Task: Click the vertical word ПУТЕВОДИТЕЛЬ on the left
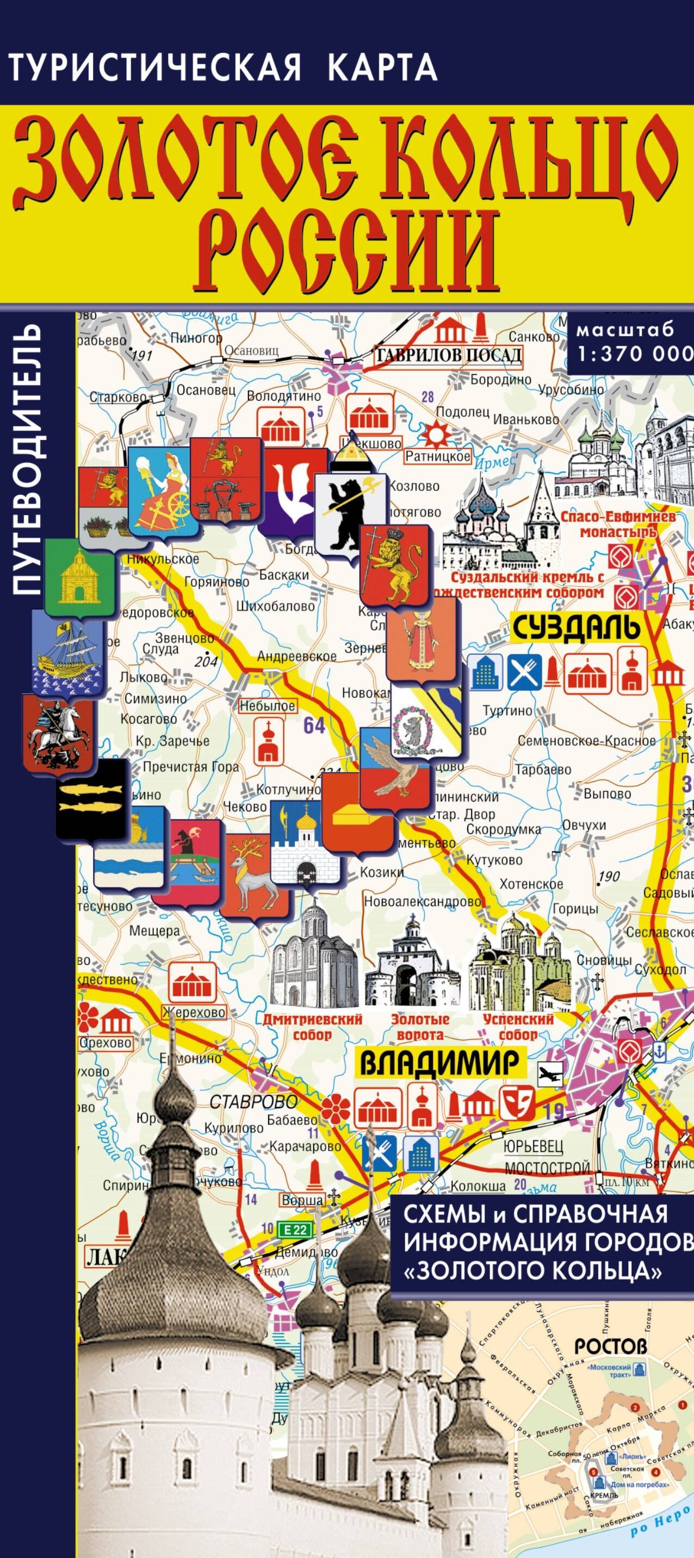point(28,460)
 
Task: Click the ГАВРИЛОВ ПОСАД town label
point(448,355)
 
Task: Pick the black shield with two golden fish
point(91,798)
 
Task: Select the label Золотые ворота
point(417,1026)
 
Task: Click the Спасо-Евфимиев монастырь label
point(609,524)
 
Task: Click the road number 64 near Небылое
point(314,725)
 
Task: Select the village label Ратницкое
point(437,457)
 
